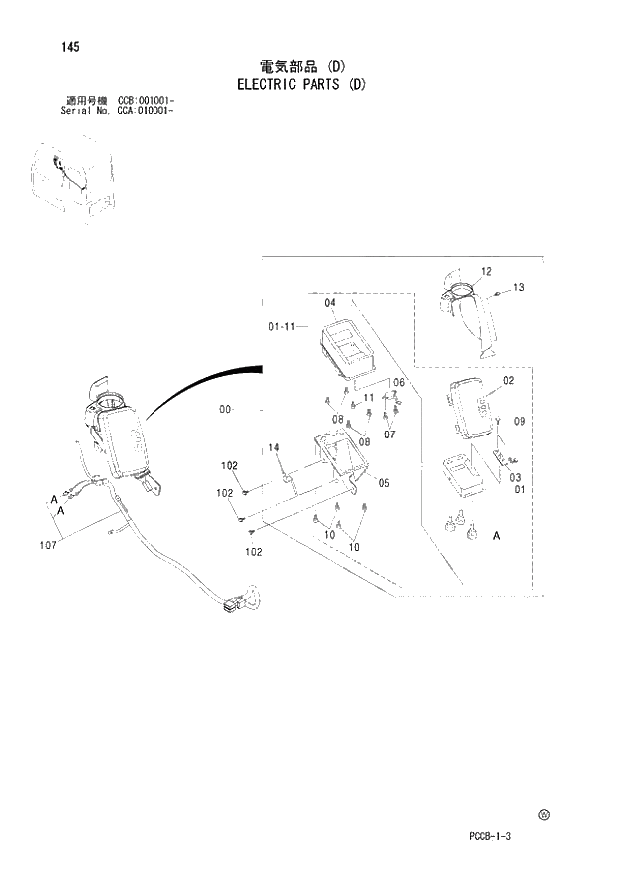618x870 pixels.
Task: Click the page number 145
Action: pos(70,47)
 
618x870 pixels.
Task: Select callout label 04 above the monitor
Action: pos(330,303)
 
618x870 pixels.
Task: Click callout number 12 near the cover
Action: pos(486,271)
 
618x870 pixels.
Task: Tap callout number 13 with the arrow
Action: pos(518,287)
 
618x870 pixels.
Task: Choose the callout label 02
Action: pos(508,381)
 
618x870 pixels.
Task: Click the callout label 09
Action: pos(518,422)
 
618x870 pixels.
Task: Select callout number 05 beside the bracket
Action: pos(384,483)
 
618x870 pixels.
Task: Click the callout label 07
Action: pos(390,435)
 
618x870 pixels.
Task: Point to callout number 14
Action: pos(274,447)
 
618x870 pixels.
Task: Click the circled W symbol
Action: pos(544,814)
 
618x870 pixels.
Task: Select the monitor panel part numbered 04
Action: pos(347,348)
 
